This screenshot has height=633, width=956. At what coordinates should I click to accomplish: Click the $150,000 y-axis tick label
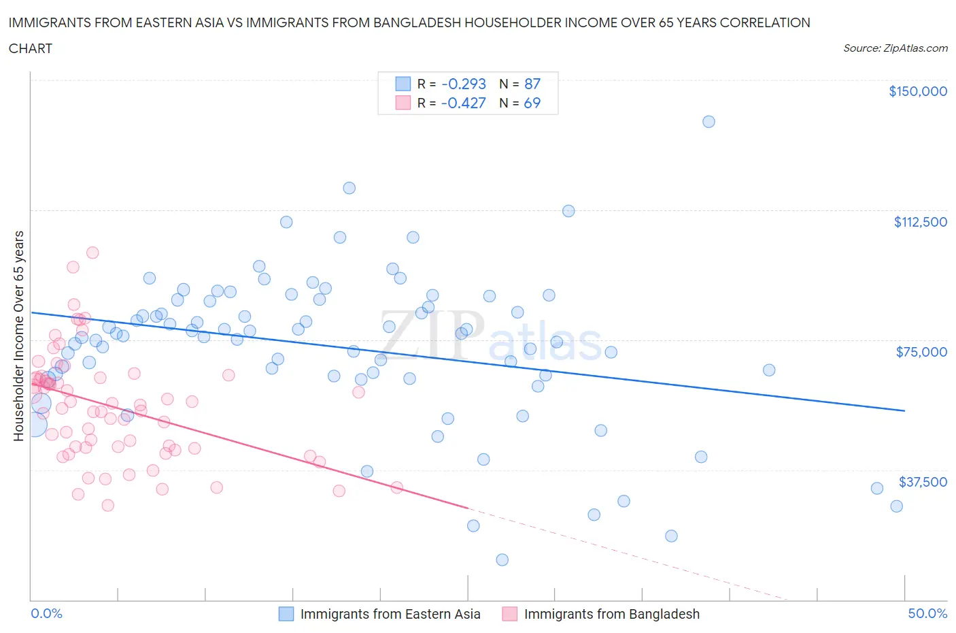tap(917, 91)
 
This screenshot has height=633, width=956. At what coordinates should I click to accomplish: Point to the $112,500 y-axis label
tap(920, 222)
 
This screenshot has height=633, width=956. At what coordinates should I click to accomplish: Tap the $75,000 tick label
tap(921, 352)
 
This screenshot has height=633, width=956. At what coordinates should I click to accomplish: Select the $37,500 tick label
tap(922, 482)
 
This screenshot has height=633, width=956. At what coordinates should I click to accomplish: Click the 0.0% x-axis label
tap(46, 613)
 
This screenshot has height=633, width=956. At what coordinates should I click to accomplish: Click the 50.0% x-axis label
tap(927, 613)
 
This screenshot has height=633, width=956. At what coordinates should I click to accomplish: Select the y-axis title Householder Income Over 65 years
tap(19, 336)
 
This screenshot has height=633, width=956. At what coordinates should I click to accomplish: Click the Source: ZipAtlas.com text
tap(895, 48)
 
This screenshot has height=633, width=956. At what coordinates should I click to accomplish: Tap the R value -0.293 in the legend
tap(463, 84)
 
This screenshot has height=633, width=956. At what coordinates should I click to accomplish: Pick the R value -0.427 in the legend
tap(463, 103)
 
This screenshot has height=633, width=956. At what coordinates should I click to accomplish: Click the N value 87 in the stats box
tap(532, 84)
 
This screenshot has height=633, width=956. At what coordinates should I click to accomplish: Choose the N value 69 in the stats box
tap(532, 103)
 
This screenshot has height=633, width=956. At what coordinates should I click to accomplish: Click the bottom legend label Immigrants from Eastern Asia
tap(390, 614)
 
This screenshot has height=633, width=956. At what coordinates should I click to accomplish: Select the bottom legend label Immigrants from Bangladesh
tap(611, 614)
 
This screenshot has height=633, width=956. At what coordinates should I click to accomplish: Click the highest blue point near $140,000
tap(709, 122)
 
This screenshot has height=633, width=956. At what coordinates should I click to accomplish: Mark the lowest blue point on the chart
tap(502, 559)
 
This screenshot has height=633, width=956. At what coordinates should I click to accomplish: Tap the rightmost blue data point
tap(896, 506)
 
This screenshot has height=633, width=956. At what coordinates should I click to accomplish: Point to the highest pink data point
tap(92, 253)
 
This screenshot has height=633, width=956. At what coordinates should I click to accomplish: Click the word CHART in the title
tap(31, 48)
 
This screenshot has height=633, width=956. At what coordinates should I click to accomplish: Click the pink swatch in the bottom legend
tap(509, 614)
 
